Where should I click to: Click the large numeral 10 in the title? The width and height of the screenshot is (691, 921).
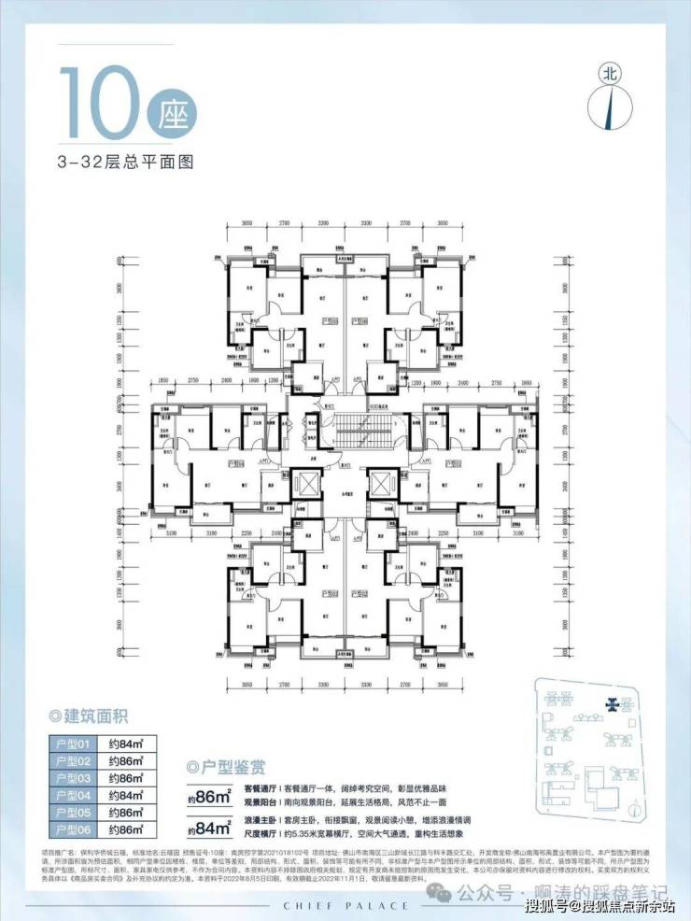99,104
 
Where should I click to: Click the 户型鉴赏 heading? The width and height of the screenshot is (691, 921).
230,768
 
